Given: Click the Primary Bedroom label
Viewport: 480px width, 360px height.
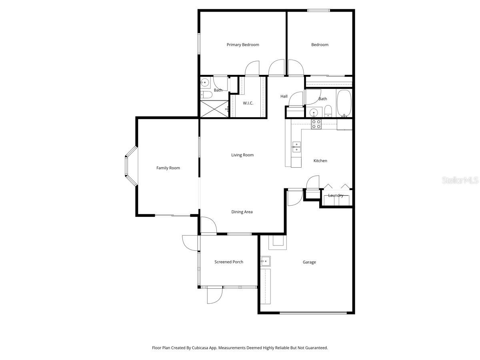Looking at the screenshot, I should tap(243, 45).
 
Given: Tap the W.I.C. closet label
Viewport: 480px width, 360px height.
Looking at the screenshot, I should tap(248, 103).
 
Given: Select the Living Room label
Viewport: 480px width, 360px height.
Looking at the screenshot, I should tap(242, 155).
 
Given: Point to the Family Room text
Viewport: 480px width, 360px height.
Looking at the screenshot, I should tap(168, 168).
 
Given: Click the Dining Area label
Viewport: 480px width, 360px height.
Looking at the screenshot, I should tap(242, 212).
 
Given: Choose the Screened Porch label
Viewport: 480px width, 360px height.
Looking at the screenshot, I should tap(229, 262).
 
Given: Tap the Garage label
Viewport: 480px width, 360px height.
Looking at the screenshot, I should tap(309, 262).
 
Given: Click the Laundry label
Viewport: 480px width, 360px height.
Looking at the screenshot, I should tap(336, 196).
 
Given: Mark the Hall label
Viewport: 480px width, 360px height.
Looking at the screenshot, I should tap(284, 96).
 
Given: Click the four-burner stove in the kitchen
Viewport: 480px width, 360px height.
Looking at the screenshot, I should tap(316, 124).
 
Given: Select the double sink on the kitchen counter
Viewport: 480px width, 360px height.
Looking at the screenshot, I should tap(296, 147).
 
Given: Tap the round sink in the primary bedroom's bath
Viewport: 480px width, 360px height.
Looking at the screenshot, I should tap(205, 83).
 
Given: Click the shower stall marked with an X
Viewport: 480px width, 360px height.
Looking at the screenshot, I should tap(214, 109).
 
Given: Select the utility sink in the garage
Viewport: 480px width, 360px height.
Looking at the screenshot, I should tap(265, 262).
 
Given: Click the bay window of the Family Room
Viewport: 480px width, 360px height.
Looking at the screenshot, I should tap(131, 166).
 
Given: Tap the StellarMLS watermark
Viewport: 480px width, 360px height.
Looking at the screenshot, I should tap(460, 181).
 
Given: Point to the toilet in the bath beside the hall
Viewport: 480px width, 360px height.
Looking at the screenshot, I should tap(328, 111).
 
